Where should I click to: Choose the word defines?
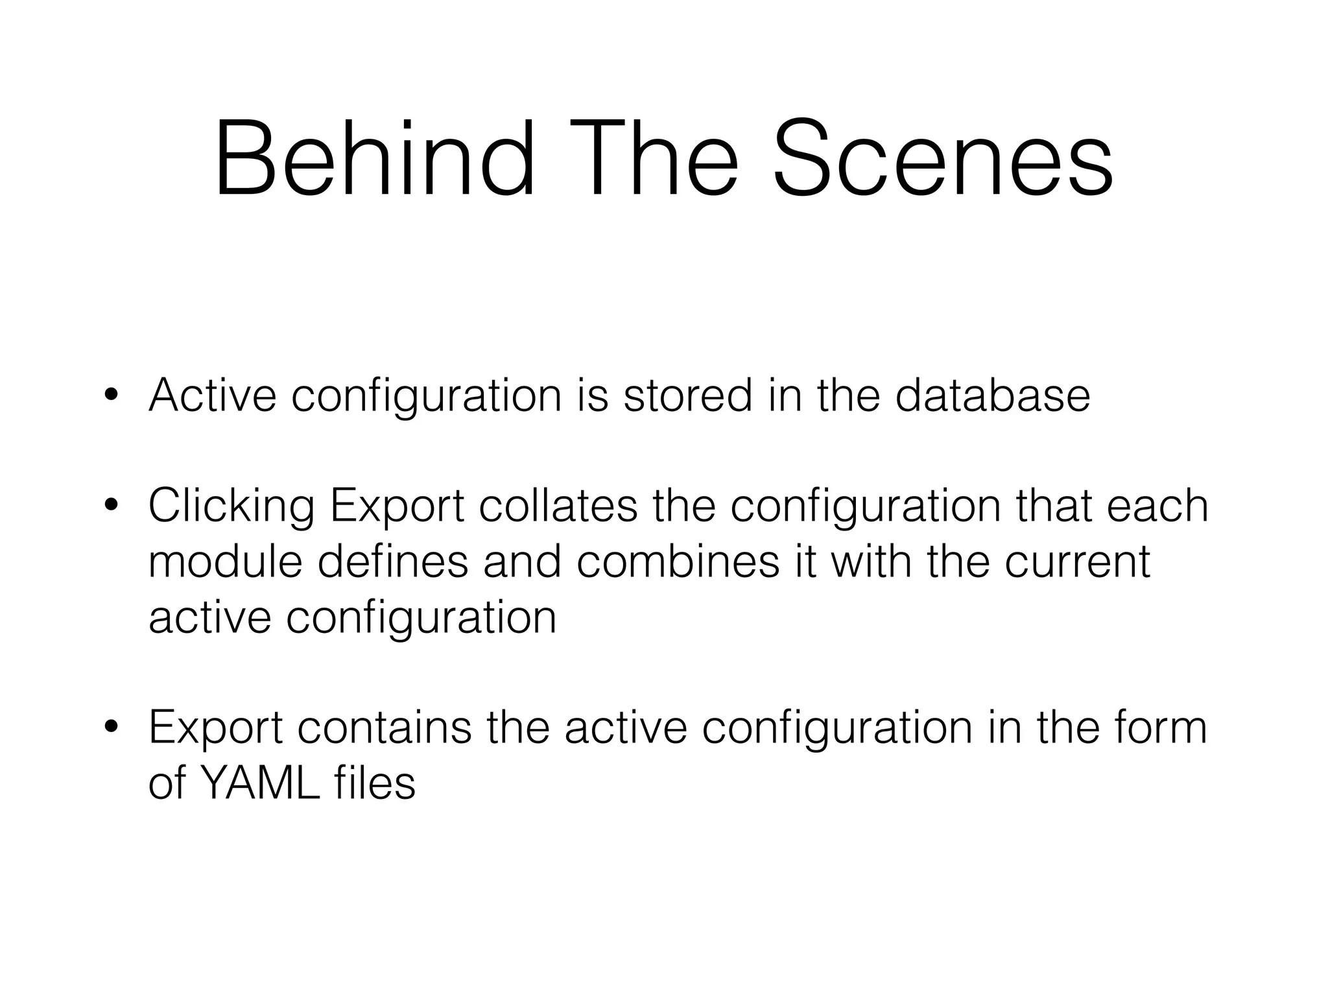tap(393, 562)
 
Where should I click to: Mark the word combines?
tap(678, 562)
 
